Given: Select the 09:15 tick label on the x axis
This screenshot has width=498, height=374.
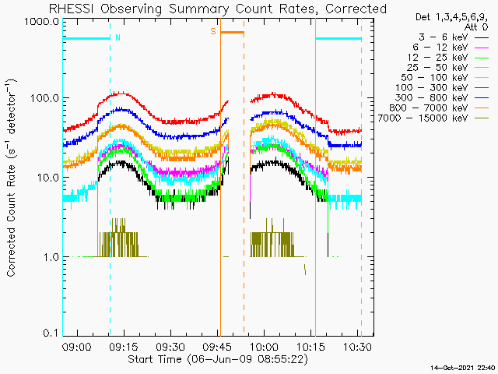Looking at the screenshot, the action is coord(124,346).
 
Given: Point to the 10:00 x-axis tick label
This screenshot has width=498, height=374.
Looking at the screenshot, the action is coord(264,346).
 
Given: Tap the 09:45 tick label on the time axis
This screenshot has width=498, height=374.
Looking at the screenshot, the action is coord(218,346).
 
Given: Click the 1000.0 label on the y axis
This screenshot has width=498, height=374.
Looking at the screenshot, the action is coord(41,22).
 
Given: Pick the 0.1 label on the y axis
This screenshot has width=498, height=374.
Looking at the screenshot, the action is coord(51,333).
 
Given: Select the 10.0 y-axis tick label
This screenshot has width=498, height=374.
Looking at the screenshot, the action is coord(47,177).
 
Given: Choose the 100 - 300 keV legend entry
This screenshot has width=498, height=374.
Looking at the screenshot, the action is coord(431,88).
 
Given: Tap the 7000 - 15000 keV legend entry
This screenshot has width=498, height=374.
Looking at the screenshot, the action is coord(423,118).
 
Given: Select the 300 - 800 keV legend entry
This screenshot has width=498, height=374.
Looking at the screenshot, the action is coord(431,98).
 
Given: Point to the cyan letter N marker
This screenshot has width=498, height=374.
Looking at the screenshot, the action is coord(117,37).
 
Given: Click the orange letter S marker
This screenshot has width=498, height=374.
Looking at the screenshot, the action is coord(213,31).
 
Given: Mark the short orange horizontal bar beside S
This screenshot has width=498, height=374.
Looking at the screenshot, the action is coord(232,32).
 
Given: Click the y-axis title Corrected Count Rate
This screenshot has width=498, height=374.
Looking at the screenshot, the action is coord(11,178).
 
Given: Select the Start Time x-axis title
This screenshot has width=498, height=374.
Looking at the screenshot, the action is coord(218,359).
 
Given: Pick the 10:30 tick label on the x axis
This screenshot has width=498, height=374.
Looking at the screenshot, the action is coord(357,346).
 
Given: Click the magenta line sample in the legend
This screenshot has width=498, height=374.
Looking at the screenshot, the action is coord(482,48).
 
